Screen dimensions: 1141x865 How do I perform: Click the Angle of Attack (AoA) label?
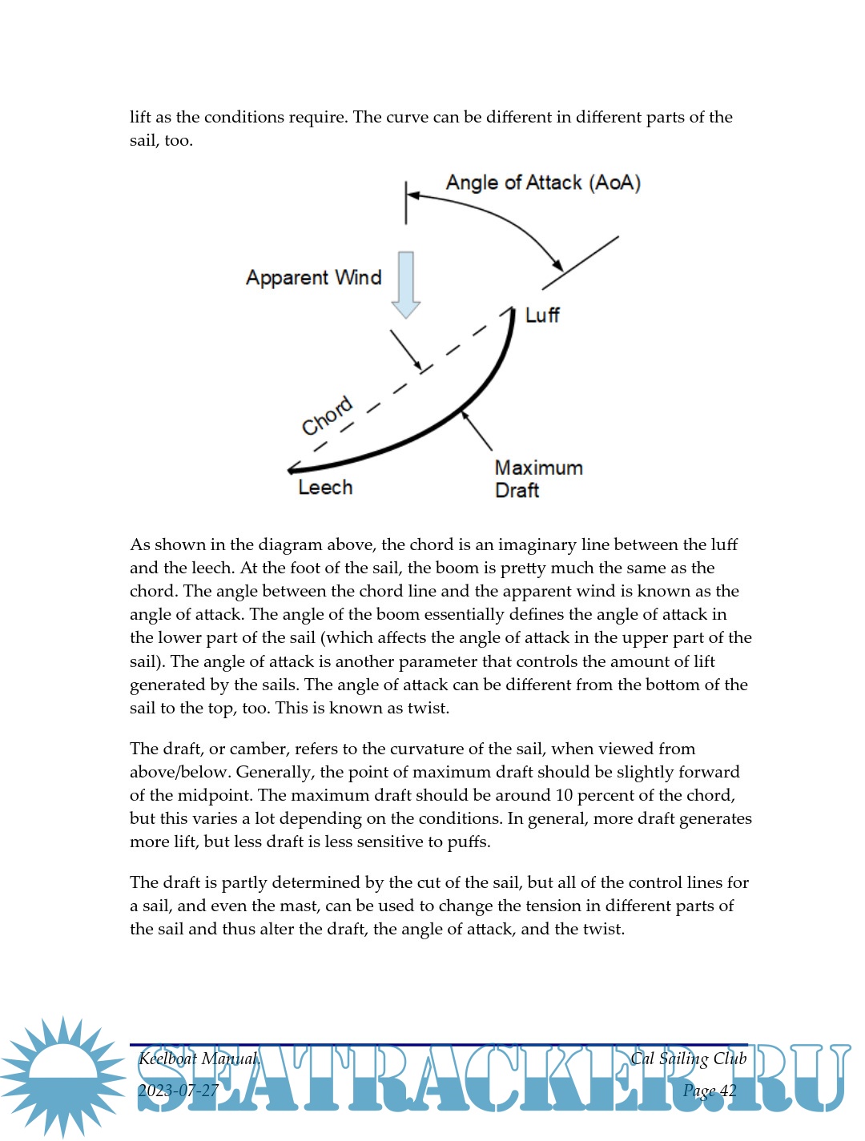pyautogui.click(x=543, y=183)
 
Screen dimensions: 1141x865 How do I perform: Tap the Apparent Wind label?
pyautogui.click(x=313, y=278)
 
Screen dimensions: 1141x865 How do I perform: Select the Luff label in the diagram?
pyautogui.click(x=542, y=315)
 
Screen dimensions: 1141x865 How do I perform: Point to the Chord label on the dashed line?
pyautogui.click(x=327, y=416)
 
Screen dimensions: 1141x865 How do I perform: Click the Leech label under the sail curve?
pyautogui.click(x=325, y=488)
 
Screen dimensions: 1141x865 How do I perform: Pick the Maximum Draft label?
pyautogui.click(x=537, y=479)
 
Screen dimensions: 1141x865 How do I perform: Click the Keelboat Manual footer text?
pyautogui.click(x=199, y=1059)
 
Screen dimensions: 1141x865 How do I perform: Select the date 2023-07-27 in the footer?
pyautogui.click(x=178, y=1091)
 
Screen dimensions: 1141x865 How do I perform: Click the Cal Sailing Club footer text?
pyautogui.click(x=688, y=1059)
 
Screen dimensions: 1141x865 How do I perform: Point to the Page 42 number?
pyautogui.click(x=710, y=1091)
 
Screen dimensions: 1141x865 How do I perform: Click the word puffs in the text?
pyautogui.click(x=468, y=842)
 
